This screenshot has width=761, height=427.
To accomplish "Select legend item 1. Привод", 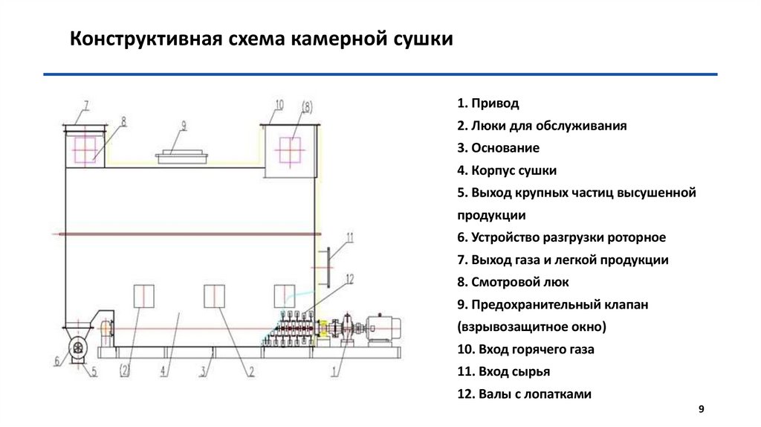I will pos(488,103).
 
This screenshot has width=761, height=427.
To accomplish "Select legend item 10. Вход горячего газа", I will pos(527,350).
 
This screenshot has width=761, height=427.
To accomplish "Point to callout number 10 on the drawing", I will pos(279,106).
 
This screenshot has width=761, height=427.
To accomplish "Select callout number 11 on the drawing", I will pos(351,237).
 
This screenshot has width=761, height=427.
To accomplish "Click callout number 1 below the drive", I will pos(335,367).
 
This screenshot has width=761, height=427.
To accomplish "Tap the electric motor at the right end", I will pos(386,327).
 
